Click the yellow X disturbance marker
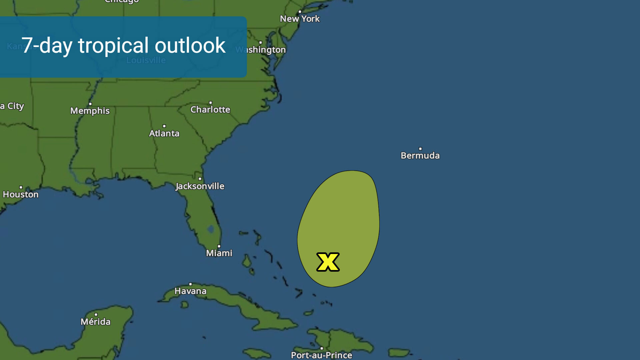pos(328,262)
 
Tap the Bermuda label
pos(420,156)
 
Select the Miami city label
pos(219,253)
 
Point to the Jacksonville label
pos(200,186)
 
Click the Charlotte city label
pos(210,110)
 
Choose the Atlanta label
pos(164,133)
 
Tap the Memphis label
pos(90,111)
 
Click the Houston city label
pos(21,194)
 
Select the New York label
pos(300,19)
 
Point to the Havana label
pos(190,291)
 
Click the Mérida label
pos(96,322)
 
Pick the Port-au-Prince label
pos(321,355)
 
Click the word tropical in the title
pos(113,46)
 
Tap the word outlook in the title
pos(190,46)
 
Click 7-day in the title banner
pos(47,46)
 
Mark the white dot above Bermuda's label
pos(420,149)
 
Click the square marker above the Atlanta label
pos(164,126)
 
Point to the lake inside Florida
pos(211,229)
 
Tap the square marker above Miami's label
pos(219,246)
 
